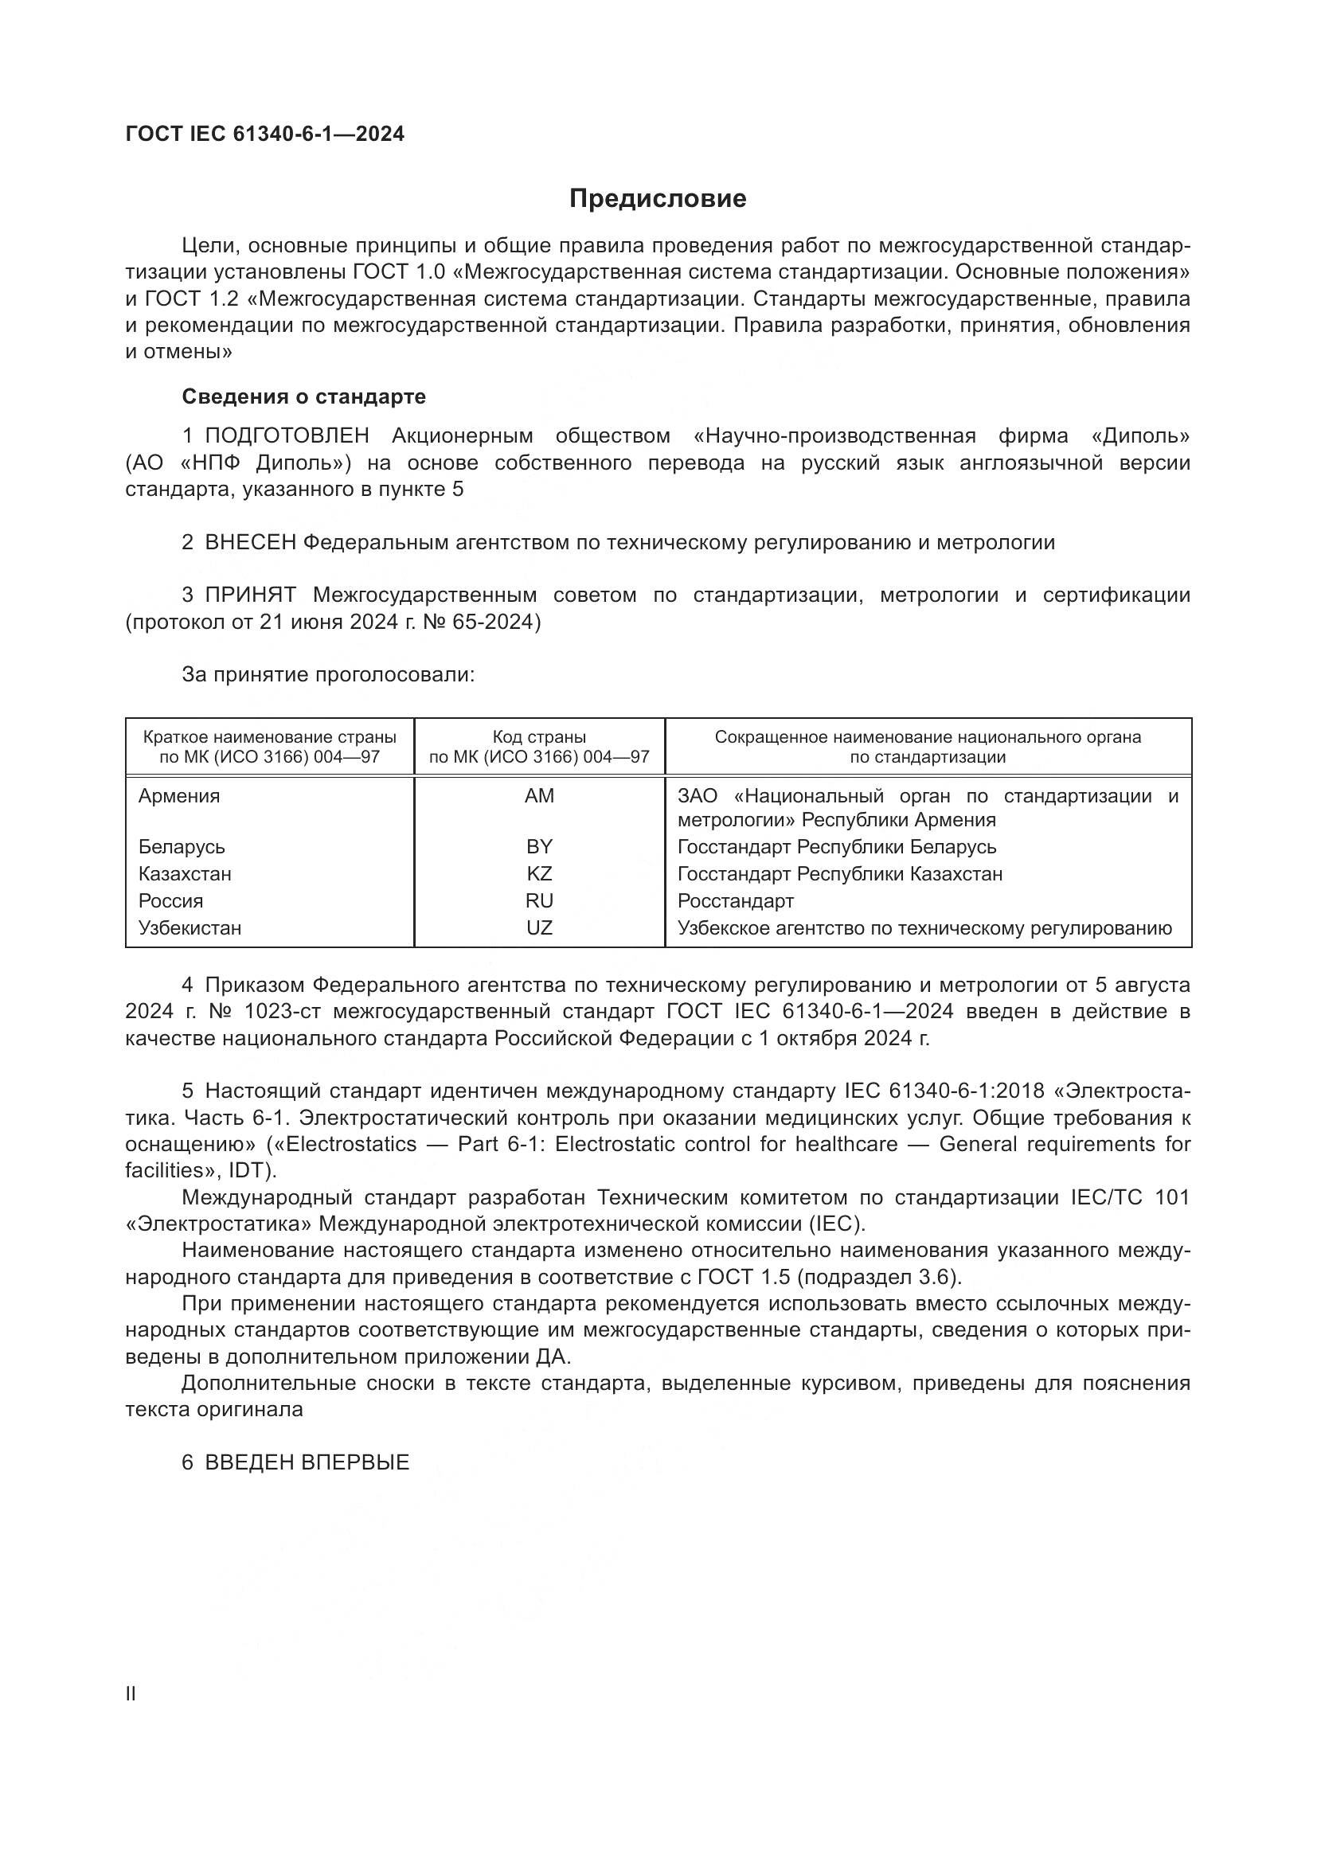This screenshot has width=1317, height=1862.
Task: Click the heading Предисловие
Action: point(658,199)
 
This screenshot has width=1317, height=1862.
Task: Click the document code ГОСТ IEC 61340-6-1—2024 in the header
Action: point(264,135)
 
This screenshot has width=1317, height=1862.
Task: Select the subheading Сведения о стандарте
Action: point(303,396)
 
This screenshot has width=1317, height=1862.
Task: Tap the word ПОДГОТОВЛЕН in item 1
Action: point(287,436)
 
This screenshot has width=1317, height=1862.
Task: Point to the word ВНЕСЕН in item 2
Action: point(251,543)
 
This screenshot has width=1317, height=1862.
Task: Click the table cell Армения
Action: point(179,795)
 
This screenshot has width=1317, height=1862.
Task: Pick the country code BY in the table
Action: point(539,847)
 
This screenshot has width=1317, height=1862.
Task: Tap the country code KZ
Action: point(539,873)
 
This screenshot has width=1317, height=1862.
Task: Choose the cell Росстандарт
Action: point(736,901)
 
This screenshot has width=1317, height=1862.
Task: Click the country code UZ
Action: point(539,927)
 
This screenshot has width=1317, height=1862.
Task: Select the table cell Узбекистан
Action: point(190,927)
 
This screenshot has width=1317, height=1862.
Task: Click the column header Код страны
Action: point(539,737)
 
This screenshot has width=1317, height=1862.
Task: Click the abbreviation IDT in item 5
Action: point(256,1170)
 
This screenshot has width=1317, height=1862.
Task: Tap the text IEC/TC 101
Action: point(1124,1198)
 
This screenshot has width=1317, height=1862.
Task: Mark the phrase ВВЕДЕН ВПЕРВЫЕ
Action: point(307,1463)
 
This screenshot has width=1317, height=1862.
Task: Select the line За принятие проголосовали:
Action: point(327,675)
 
